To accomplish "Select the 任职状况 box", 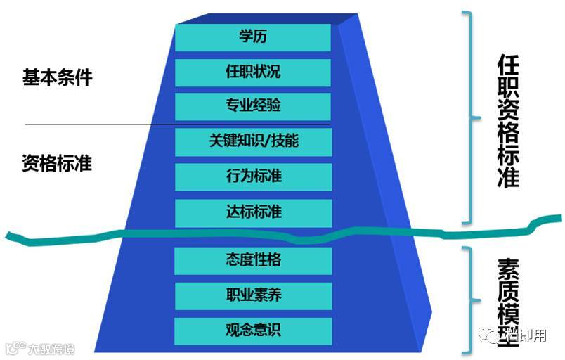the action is point(253,72).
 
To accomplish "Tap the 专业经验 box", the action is point(253,106).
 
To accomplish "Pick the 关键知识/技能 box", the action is point(253,141).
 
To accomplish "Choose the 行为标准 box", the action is point(253,175).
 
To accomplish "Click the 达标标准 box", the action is point(253,211).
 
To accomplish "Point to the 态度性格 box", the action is point(253,259).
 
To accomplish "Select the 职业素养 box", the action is point(253,295).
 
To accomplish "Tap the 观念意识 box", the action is point(253,330).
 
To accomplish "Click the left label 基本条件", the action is point(57,77).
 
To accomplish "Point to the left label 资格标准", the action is point(57,164).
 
